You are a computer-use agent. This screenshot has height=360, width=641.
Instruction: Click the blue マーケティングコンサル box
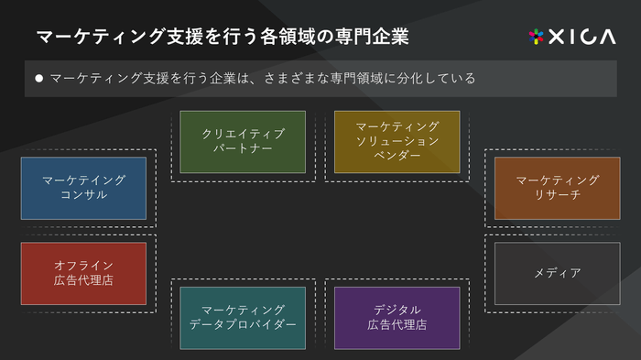(83, 188)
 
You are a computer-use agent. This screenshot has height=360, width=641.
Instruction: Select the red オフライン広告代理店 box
(83, 273)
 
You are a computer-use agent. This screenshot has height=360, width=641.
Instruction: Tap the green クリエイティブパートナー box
(243, 142)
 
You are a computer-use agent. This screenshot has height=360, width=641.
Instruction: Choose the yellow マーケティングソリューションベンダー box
(397, 142)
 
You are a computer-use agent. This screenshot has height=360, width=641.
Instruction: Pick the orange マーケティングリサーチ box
(557, 188)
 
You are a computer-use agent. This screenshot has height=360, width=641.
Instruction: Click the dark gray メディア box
(557, 273)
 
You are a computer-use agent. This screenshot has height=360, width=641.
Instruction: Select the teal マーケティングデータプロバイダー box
(243, 318)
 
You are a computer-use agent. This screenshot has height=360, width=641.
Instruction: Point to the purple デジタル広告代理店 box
(397, 318)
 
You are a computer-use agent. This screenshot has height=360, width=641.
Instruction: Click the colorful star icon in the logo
(537, 37)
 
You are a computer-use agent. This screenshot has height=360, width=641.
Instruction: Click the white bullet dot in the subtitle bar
(38, 79)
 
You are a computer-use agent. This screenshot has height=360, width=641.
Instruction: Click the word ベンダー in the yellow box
(397, 157)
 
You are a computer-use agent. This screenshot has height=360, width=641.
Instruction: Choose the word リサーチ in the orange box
(557, 195)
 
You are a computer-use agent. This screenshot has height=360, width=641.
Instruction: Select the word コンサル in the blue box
(83, 195)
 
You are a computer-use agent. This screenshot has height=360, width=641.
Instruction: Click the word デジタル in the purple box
(397, 310)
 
